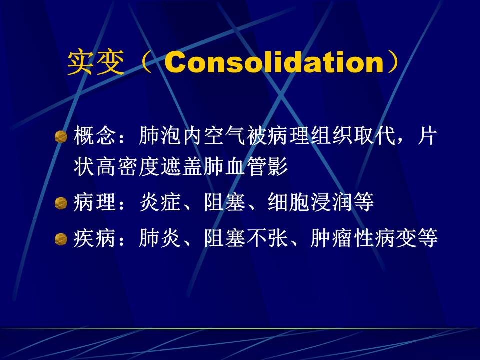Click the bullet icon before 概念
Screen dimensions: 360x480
(61, 137)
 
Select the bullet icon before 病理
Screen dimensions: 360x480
(61, 203)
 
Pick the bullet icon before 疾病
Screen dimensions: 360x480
(61, 239)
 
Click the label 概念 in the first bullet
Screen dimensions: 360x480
(92, 136)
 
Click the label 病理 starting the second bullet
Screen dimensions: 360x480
(92, 203)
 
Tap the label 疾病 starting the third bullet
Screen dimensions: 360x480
(92, 239)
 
